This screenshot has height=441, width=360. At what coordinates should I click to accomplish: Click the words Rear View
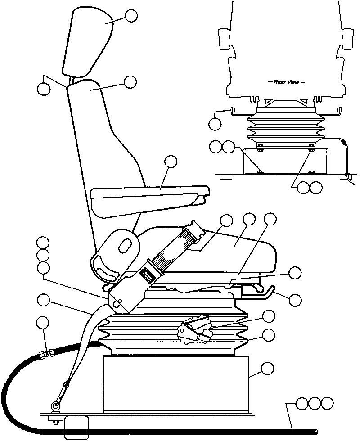coord(283,82)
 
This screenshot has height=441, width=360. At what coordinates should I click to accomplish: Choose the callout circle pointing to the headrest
coord(131,16)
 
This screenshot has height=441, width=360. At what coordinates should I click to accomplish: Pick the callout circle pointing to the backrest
coord(130,82)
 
